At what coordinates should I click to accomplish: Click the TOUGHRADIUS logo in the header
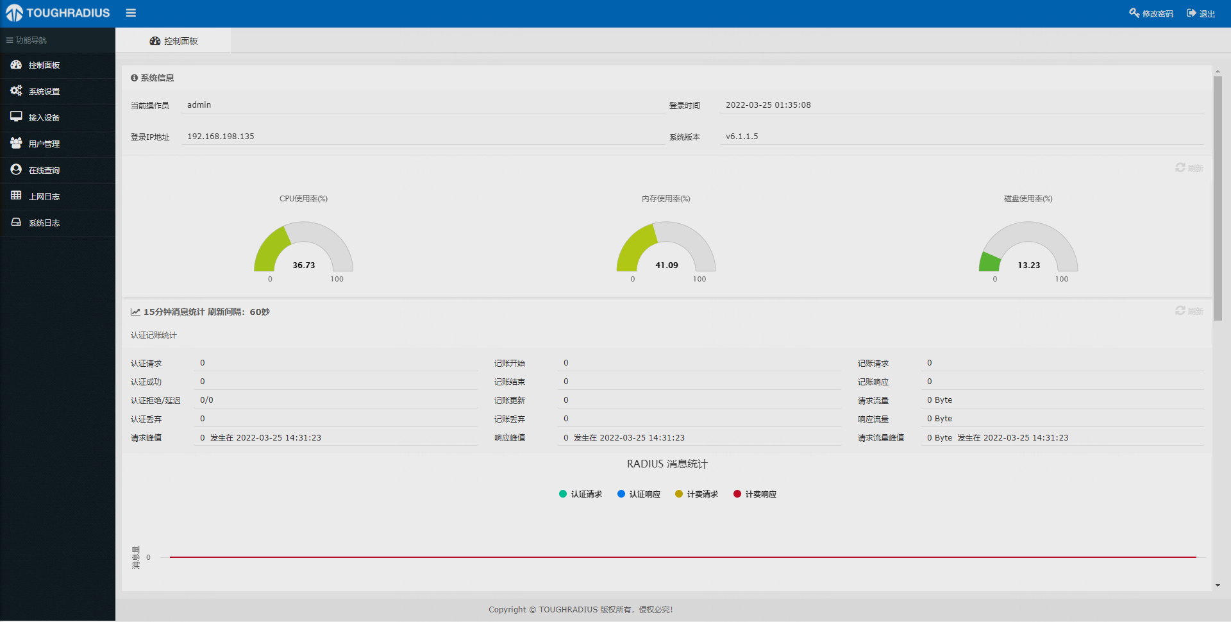pos(58,13)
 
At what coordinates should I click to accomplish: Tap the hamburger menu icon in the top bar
pos(131,13)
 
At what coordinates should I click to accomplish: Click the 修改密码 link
pos(1151,13)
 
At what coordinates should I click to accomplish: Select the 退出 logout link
pos(1201,13)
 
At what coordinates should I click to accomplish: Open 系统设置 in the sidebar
pos(44,92)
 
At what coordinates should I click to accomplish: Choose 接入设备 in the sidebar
pos(44,118)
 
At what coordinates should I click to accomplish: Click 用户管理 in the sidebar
pos(44,144)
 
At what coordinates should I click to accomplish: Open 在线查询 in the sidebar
pos(44,171)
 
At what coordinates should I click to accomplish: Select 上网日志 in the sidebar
pos(44,197)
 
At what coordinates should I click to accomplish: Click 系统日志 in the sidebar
pos(44,223)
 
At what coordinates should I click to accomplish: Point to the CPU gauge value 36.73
pos(304,265)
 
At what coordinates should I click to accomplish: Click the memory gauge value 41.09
pos(666,265)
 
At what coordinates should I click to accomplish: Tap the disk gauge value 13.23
pos(1029,265)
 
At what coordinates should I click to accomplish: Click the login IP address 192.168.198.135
pos(221,137)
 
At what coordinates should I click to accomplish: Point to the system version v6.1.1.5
pos(742,137)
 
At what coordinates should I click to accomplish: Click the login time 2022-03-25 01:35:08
pos(768,105)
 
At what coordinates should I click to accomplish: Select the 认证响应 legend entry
pos(639,494)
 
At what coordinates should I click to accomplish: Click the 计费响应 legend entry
pos(755,494)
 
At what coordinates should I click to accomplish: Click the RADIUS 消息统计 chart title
pos(667,464)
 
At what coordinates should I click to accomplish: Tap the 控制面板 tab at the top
pos(174,41)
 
